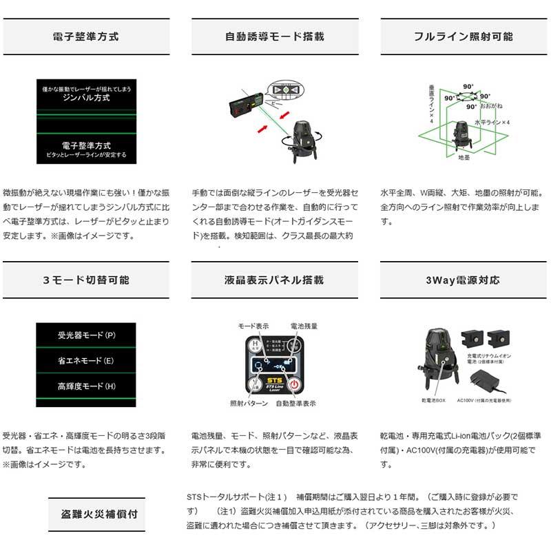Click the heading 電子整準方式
tap(85, 37)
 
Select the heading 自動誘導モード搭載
tap(275, 37)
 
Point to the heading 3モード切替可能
tap(85, 280)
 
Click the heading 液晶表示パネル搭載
tap(275, 280)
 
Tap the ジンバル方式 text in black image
tap(85, 98)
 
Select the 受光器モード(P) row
tap(85, 335)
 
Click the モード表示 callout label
tap(253, 325)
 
